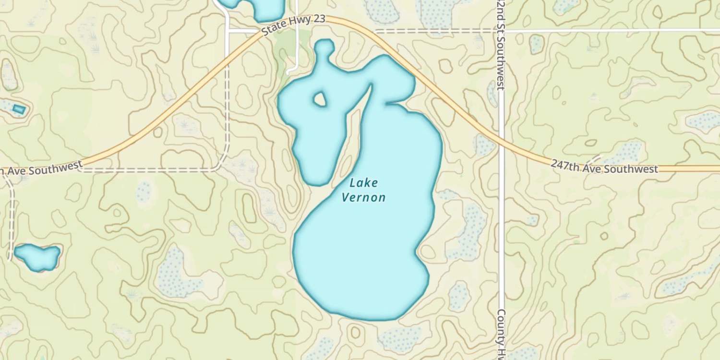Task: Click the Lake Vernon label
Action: (363, 190)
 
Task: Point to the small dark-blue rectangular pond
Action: (19, 109)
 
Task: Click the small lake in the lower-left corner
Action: (37, 256)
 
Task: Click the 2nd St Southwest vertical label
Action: (501, 46)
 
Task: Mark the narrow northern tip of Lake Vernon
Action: (324, 47)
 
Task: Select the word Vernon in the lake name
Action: (363, 197)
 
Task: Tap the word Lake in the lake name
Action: (363, 183)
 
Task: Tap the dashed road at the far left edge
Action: (11, 216)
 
